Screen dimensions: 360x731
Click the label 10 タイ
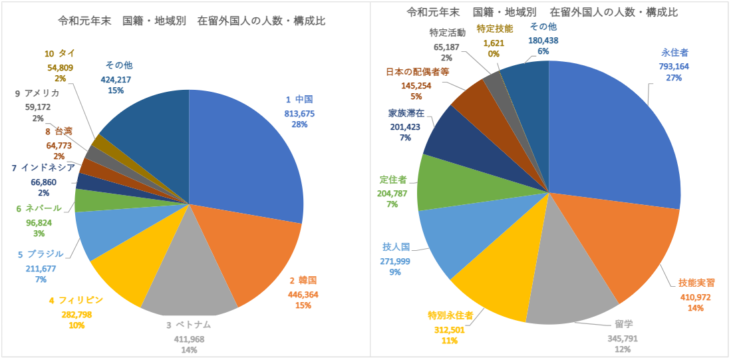pyautogui.click(x=59, y=53)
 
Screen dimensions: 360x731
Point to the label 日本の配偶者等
pyautogui.click(x=417, y=73)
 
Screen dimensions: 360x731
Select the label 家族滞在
pyautogui.click(x=406, y=112)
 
